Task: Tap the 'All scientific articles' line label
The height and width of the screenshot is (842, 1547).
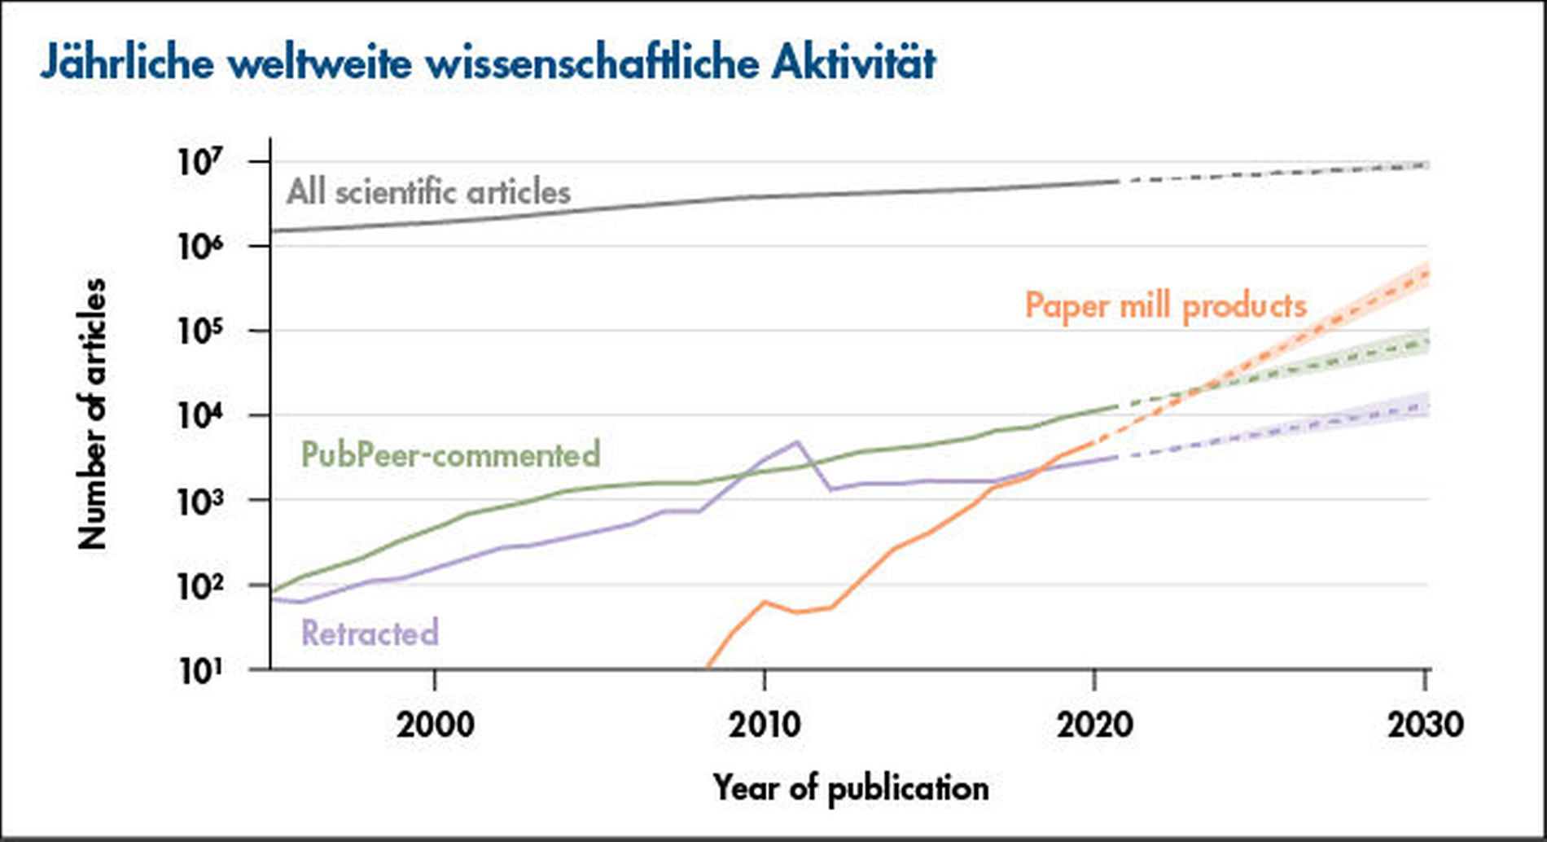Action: (x=428, y=193)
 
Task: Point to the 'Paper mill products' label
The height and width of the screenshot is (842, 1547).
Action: (x=1165, y=306)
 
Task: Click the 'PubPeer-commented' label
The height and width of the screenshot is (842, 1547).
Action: (x=450, y=454)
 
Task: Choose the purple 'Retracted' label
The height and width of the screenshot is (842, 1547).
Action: (x=370, y=633)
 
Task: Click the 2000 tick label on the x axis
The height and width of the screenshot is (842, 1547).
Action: (x=435, y=724)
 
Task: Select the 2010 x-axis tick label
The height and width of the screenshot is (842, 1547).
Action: (x=764, y=724)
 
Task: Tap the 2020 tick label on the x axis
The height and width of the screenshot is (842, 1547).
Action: (x=1094, y=724)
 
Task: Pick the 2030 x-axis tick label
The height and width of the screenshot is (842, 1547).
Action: (x=1425, y=724)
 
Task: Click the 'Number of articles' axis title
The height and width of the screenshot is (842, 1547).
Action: (x=93, y=414)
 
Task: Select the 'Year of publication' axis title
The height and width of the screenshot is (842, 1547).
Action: (x=851, y=788)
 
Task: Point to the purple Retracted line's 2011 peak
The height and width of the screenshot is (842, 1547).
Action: (x=797, y=442)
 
